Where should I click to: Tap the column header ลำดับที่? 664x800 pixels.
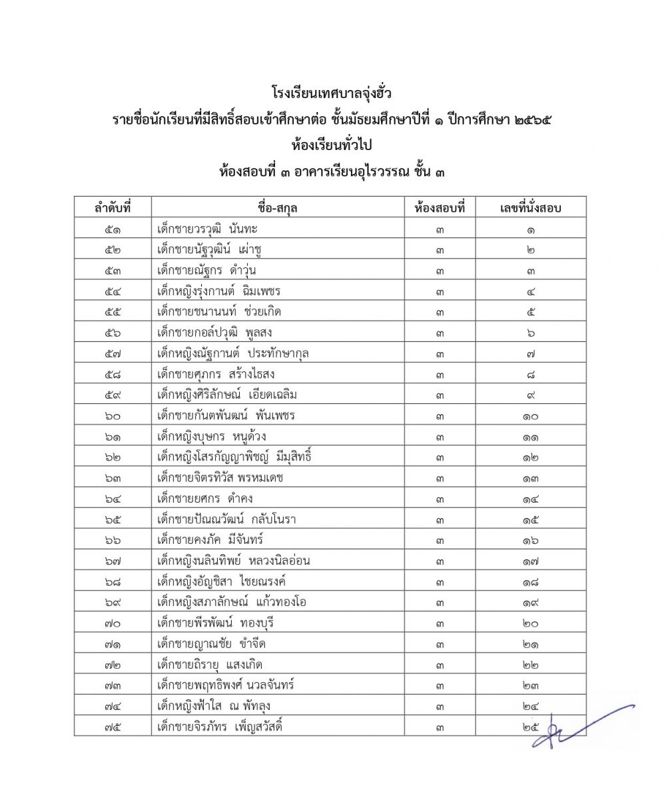113,208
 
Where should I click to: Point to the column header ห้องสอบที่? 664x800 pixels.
440,208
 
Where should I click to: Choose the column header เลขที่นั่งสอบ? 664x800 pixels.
530,208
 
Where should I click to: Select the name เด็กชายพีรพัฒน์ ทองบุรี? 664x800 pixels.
215,623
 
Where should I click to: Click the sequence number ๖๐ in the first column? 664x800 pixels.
113,416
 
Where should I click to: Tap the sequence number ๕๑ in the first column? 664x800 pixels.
113,229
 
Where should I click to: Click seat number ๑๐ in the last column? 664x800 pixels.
530,416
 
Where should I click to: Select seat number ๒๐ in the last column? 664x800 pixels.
530,623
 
